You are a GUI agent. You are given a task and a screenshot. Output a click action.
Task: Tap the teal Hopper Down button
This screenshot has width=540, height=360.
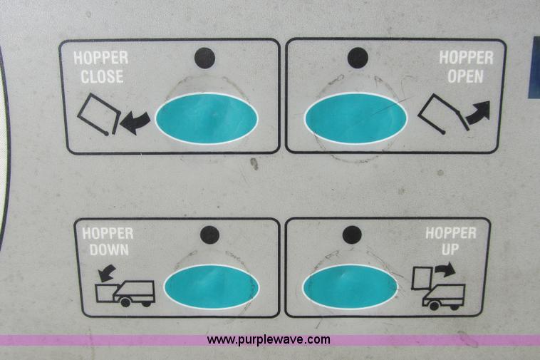coord(211,287)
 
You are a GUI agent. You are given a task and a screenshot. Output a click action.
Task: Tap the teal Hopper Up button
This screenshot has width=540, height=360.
coord(351,287)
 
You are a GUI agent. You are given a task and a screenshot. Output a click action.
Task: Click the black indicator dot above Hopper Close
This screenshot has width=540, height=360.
coord(205,58)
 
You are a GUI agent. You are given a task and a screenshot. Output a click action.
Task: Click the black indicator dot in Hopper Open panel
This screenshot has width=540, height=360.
coord(358,57)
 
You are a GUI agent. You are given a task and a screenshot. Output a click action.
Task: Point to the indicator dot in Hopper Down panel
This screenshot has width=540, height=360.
coord(209,235)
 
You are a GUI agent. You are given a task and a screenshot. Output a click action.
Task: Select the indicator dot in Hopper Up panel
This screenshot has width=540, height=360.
coord(352,235)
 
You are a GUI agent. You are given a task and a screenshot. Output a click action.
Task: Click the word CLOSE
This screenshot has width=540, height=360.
coord(102,76)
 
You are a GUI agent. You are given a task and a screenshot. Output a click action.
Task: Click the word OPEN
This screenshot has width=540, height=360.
coord(466,76)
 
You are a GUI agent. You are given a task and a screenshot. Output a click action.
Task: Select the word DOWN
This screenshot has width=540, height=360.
coord(109,250)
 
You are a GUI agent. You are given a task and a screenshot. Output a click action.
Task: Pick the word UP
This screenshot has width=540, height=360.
coord(450,250)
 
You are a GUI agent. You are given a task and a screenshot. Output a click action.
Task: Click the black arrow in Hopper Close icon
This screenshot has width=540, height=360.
coord(135,123)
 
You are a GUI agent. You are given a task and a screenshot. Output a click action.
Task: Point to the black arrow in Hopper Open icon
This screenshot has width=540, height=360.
coord(478,113)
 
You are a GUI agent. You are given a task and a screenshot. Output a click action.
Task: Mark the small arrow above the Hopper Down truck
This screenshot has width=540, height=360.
coord(106,273)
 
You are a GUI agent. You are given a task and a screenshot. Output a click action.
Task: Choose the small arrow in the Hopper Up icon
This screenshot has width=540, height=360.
coord(445,269)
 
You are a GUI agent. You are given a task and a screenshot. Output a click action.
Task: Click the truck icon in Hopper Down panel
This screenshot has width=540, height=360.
coord(125,294)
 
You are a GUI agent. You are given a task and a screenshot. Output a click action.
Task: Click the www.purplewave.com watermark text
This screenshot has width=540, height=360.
coord(269,339)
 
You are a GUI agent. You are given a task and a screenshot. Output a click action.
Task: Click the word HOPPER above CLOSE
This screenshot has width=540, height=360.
coord(101,58)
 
